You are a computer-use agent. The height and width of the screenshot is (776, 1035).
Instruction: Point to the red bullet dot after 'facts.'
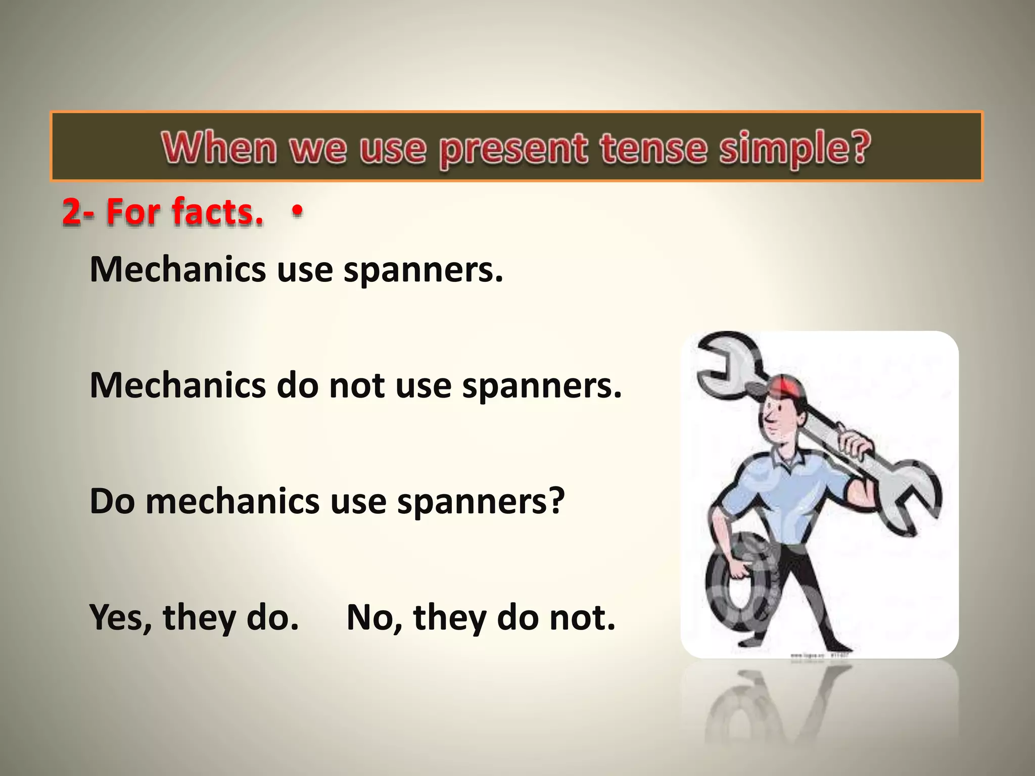coord(298,210)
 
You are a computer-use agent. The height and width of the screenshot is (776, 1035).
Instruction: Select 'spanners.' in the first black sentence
coord(424,270)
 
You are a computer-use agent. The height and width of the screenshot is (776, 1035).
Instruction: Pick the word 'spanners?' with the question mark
coord(480,502)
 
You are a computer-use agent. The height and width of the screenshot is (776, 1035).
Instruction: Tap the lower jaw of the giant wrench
coord(910,500)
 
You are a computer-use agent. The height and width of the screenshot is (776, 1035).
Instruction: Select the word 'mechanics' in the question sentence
coord(232,502)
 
